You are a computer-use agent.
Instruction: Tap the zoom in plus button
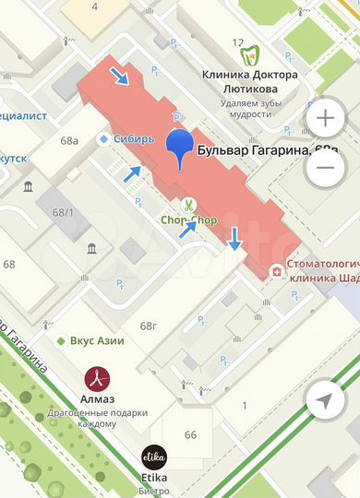click(325, 119)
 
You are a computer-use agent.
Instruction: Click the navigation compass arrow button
click(325, 400)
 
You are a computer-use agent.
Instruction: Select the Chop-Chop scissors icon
click(186, 205)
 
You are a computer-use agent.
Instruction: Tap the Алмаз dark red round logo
click(99, 378)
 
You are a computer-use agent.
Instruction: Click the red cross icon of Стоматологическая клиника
click(276, 271)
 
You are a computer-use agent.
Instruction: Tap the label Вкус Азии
click(96, 340)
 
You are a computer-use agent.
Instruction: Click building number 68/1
click(63, 213)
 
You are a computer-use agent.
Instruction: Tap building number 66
click(190, 434)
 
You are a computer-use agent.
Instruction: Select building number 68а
click(70, 141)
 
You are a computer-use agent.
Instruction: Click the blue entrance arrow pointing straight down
click(234, 238)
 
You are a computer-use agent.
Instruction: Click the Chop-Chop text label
click(188, 220)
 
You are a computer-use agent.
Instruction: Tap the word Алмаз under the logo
click(99, 399)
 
